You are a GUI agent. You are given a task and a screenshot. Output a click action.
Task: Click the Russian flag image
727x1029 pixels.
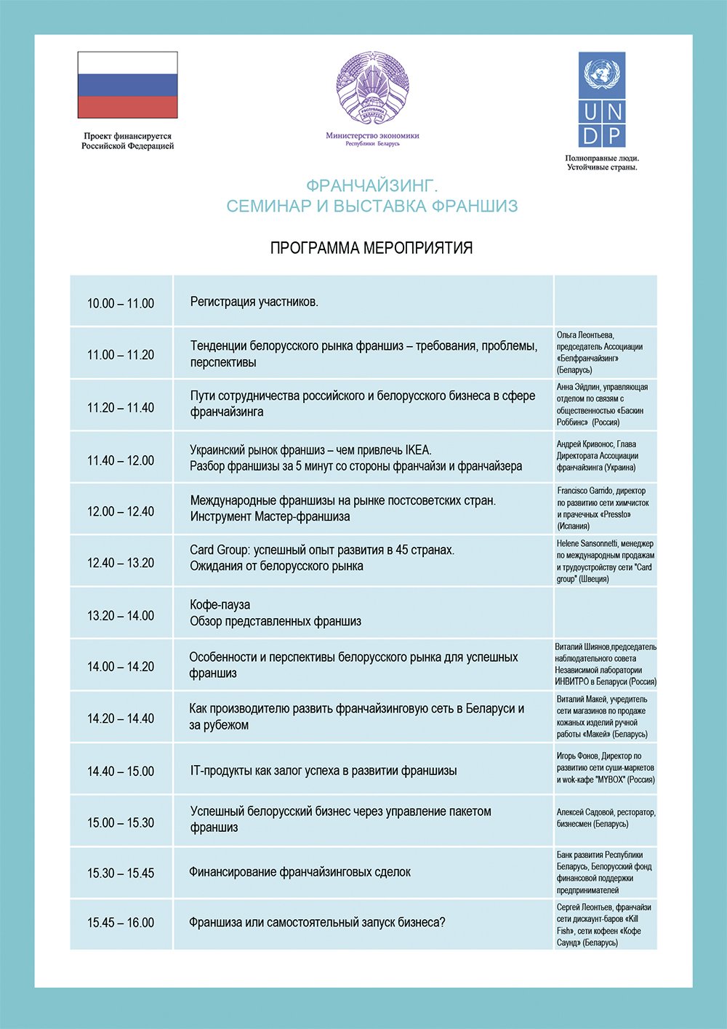(127, 84)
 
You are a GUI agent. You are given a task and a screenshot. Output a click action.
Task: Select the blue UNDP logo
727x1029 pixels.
(602, 100)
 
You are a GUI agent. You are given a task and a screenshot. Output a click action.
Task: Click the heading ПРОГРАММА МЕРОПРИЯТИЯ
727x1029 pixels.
(371, 248)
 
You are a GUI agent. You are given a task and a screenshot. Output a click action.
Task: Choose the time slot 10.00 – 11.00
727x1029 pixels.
(121, 303)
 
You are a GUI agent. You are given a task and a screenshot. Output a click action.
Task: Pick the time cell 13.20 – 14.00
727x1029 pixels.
(121, 615)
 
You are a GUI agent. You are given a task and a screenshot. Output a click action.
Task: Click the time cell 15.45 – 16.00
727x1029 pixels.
(121, 922)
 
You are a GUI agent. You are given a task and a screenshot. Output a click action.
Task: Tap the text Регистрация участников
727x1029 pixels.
(254, 302)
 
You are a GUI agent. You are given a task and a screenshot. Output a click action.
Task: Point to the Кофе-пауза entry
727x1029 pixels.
(220, 605)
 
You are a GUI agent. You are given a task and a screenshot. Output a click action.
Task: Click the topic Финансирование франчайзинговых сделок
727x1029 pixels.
(300, 872)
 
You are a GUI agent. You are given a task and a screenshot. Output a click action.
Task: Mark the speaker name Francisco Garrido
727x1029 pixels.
(587, 491)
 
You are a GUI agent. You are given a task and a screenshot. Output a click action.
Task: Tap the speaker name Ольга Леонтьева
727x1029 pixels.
(585, 335)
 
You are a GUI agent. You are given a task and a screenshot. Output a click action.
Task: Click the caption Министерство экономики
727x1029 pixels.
(372, 135)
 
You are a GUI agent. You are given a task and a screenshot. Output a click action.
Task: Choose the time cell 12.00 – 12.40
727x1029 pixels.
(121, 511)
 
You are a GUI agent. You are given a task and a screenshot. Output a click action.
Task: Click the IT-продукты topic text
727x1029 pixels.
(323, 771)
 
